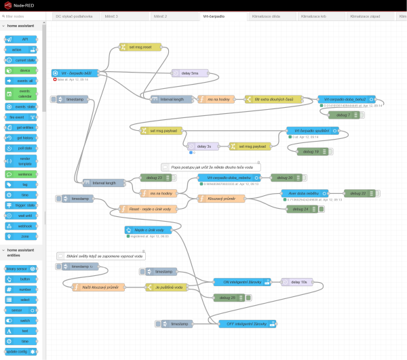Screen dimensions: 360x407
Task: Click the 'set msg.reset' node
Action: (140, 47)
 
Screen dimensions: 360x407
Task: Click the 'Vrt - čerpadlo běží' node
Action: (75, 73)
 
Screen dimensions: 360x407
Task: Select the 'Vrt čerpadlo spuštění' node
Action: (312, 130)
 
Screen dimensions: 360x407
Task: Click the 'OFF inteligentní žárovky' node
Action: (247, 323)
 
